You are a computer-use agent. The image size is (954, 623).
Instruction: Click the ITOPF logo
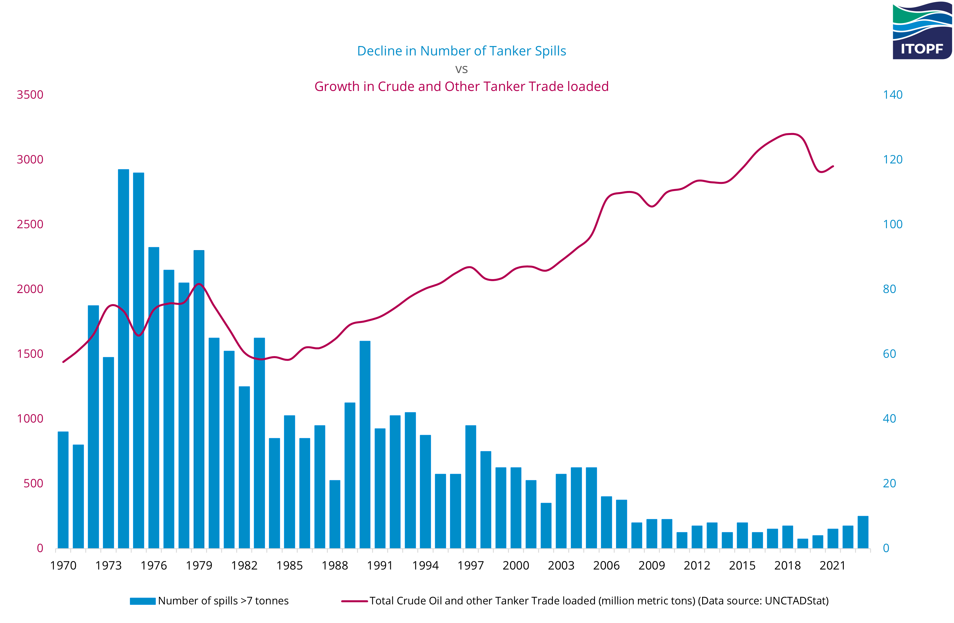[922, 31]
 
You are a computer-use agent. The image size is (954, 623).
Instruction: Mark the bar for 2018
[788, 537]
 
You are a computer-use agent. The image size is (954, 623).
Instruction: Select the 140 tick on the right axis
[893, 95]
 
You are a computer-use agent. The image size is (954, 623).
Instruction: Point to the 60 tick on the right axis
[889, 354]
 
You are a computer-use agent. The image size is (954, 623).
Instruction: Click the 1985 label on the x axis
[289, 565]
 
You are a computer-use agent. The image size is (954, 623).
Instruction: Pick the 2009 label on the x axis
[652, 565]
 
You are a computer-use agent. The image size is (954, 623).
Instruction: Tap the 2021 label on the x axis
[833, 565]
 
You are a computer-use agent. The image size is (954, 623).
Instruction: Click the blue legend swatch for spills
[143, 601]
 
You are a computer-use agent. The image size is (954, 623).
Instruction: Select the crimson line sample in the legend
[354, 601]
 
